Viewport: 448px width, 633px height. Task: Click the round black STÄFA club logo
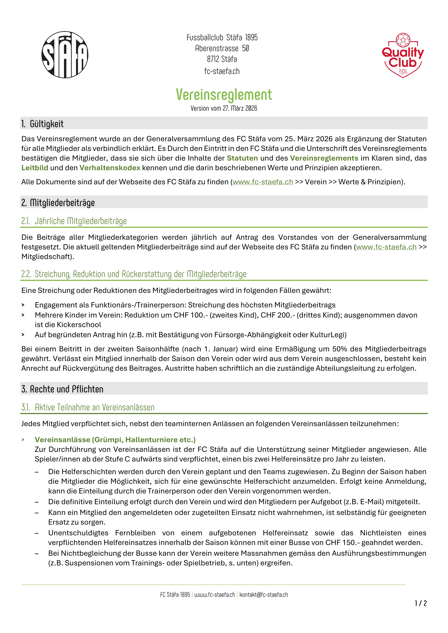point(65,55)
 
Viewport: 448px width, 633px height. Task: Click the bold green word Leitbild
point(35,168)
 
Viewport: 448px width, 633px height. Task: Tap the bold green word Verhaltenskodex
point(110,168)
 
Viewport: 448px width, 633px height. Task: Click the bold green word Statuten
point(242,158)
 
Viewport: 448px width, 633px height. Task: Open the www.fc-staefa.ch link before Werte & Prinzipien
point(263,182)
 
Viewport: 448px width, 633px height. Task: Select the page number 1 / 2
point(421,604)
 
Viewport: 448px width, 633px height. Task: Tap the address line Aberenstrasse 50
point(222,48)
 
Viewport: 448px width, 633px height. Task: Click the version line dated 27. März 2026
point(224,108)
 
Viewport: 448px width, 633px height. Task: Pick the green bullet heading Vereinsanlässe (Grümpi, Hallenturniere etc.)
point(115,440)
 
